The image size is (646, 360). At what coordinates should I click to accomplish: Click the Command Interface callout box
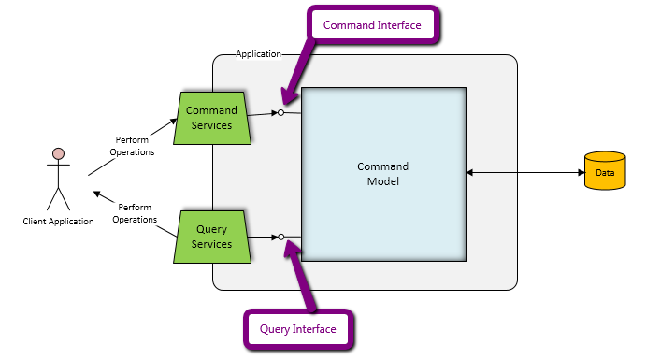[x=372, y=24]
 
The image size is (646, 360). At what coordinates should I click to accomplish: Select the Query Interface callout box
[x=298, y=329]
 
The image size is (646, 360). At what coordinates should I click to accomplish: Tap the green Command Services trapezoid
[x=212, y=118]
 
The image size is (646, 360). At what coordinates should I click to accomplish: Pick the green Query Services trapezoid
[x=212, y=237]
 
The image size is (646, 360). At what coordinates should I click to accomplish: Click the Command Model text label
[x=382, y=174]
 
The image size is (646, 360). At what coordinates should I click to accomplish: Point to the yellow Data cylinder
[x=605, y=170]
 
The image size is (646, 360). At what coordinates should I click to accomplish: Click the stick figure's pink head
[x=59, y=153]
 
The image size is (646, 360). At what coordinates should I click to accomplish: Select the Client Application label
[x=58, y=222]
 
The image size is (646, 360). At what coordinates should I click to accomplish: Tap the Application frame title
[x=258, y=54]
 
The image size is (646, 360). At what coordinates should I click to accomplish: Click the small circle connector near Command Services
[x=280, y=112]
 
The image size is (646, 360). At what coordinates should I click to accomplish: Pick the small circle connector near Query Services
[x=281, y=237]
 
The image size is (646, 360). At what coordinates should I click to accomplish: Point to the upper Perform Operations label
[x=132, y=146]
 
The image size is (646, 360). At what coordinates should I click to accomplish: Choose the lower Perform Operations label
[x=135, y=213]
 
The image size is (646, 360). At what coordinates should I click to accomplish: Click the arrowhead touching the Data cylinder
[x=581, y=173]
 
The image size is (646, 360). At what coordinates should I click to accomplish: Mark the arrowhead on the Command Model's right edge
[x=469, y=173]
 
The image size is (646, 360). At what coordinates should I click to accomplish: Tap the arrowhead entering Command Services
[x=173, y=122]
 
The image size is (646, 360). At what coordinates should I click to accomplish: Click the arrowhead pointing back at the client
[x=97, y=194]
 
